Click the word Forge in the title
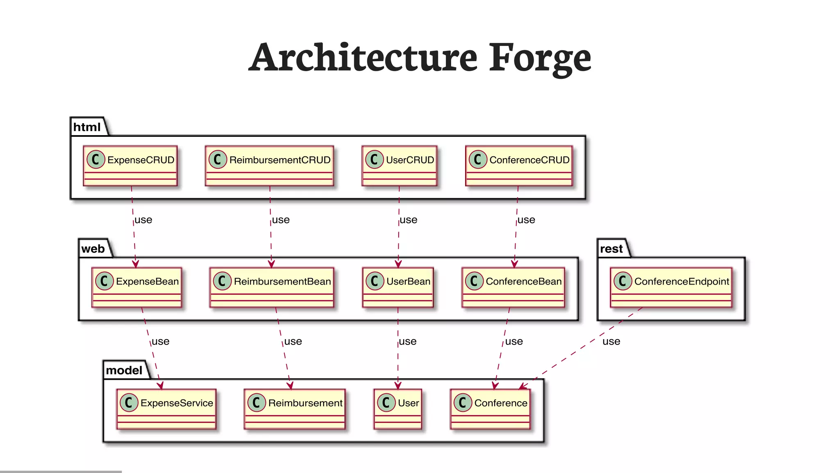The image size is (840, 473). point(540,58)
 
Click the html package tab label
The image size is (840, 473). point(87,127)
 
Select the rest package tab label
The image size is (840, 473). point(611,249)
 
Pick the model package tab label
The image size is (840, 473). point(124,370)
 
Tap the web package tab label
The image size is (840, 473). point(93,249)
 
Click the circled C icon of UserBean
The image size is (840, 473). point(374,281)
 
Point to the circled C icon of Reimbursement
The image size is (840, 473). point(256,403)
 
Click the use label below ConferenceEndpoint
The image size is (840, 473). point(611,342)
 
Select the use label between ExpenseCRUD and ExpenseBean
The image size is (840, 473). point(143,220)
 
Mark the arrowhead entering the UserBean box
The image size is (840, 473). point(398,264)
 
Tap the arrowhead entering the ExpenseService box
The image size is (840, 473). point(161,386)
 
